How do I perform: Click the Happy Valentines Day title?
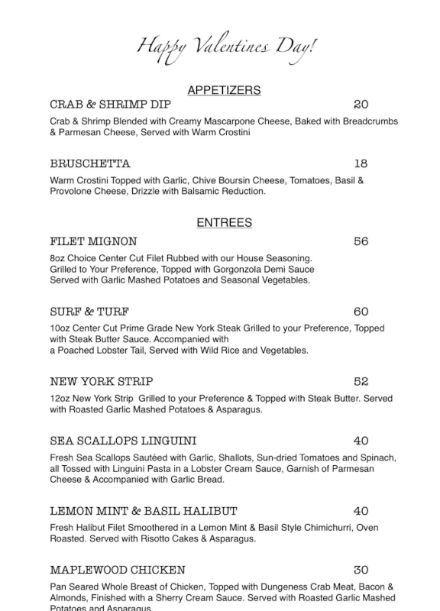(225, 47)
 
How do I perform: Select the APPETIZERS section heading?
(224, 90)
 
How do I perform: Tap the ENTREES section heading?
(224, 223)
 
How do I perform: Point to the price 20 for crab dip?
(361, 105)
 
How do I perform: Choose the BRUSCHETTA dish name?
(90, 163)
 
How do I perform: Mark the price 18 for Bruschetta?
(361, 163)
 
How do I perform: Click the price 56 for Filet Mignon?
(361, 241)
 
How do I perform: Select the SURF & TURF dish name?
(89, 312)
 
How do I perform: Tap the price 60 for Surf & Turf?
(361, 312)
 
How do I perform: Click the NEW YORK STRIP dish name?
(102, 381)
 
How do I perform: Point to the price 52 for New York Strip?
(361, 381)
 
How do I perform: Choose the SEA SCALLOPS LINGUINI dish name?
(123, 441)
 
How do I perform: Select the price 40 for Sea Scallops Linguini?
(361, 441)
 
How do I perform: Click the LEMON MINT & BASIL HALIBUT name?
(144, 511)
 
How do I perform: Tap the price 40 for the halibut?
(361, 511)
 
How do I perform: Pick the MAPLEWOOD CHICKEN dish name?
(118, 570)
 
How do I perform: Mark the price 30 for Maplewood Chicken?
(361, 570)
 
